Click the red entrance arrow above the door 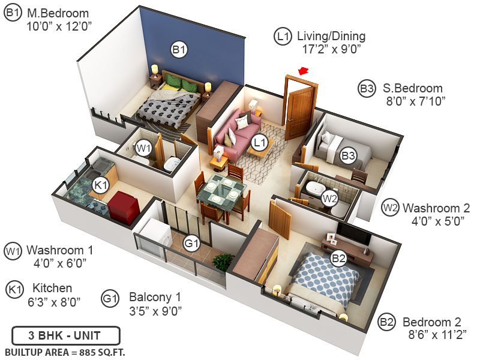pyautogui.click(x=304, y=71)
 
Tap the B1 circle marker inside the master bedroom pyautogui.click(x=179, y=50)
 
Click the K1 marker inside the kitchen pyautogui.click(x=100, y=185)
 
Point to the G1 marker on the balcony pyautogui.click(x=191, y=244)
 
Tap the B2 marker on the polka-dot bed pyautogui.click(x=339, y=259)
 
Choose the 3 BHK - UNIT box pyautogui.click(x=66, y=335)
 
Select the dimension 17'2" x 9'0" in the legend pyautogui.click(x=331, y=51)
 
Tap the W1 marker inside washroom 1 pyautogui.click(x=143, y=147)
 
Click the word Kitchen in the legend pyautogui.click(x=52, y=288)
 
